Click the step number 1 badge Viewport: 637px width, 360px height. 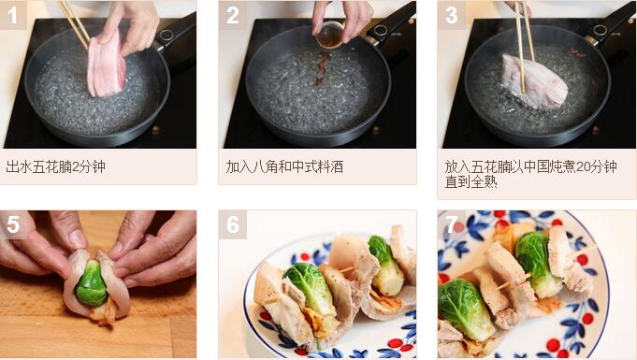pyautogui.click(x=13, y=15)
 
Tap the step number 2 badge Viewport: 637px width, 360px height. pyautogui.click(x=232, y=15)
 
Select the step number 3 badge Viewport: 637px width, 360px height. pyautogui.click(x=452, y=15)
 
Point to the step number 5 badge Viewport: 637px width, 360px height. pyautogui.click(x=13, y=224)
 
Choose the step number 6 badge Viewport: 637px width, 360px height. pyautogui.click(x=232, y=224)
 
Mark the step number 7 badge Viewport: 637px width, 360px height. pyautogui.click(x=452, y=224)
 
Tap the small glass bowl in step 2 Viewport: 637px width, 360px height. pyautogui.click(x=329, y=35)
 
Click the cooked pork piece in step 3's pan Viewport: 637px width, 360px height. pyautogui.click(x=534, y=82)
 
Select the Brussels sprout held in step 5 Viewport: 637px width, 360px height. pyautogui.click(x=92, y=283)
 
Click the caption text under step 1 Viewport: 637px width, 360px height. pyautogui.click(x=56, y=166)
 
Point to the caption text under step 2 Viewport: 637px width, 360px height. pyautogui.click(x=284, y=166)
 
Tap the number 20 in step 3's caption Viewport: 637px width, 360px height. pyautogui.click(x=585, y=166)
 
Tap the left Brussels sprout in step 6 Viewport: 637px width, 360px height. pyautogui.click(x=310, y=287)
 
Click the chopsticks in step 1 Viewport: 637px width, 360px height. pyautogui.click(x=75, y=23)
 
